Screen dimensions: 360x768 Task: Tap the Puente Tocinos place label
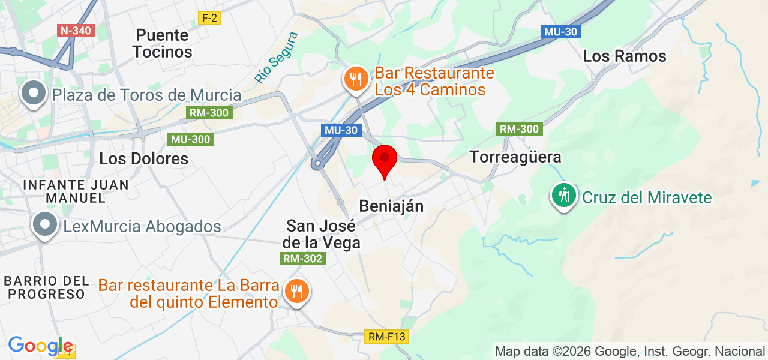click(163, 43)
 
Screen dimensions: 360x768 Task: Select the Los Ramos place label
click(625, 56)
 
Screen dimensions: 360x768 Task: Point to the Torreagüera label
click(516, 157)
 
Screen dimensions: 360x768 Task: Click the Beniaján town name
click(391, 206)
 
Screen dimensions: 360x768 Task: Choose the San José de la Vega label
click(322, 235)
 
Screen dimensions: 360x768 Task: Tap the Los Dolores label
click(144, 158)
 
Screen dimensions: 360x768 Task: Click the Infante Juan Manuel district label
click(75, 191)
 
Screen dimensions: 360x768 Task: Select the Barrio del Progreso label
click(46, 287)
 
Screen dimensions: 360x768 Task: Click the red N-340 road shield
click(76, 30)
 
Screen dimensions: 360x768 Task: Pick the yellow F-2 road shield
click(209, 18)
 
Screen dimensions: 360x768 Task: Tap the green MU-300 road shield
click(191, 139)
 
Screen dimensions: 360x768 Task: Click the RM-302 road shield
click(303, 259)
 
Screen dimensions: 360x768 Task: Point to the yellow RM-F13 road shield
click(386, 337)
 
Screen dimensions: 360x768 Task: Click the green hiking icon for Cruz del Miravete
click(563, 196)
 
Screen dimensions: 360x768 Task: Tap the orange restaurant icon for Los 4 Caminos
click(356, 79)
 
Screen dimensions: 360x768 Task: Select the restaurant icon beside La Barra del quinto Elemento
click(296, 292)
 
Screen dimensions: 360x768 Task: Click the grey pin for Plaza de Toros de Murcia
click(34, 93)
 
